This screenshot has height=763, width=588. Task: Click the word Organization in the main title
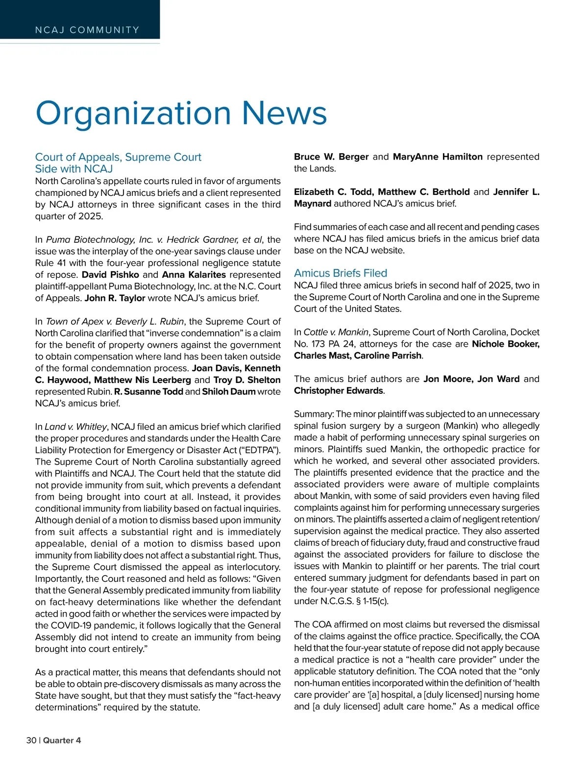click(x=133, y=113)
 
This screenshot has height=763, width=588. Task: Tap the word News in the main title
click(x=284, y=113)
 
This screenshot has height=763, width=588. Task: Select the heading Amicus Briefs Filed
click(x=341, y=273)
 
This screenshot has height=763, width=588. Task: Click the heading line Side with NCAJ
click(x=74, y=169)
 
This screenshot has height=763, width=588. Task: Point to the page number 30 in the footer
click(x=31, y=740)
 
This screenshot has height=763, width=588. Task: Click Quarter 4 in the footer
click(x=62, y=740)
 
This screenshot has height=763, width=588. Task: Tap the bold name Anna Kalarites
click(x=194, y=275)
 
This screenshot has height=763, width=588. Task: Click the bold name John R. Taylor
click(x=115, y=298)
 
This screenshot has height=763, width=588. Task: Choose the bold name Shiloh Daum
click(x=229, y=392)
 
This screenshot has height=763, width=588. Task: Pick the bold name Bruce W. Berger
click(x=331, y=157)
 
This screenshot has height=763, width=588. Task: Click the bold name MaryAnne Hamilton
click(x=438, y=157)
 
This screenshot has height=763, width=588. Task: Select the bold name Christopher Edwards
click(x=339, y=391)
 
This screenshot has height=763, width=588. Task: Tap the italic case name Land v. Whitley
click(x=75, y=427)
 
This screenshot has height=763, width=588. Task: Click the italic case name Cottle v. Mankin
click(x=336, y=333)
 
